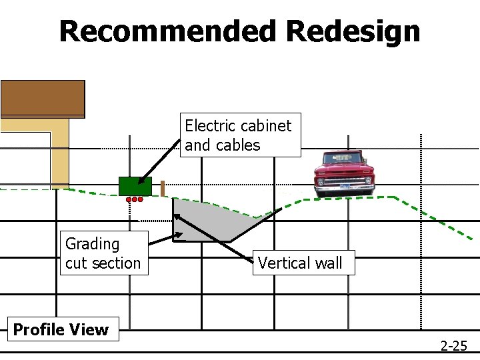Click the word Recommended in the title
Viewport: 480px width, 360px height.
pos(167,31)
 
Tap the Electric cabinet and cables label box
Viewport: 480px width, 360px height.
pos(241,135)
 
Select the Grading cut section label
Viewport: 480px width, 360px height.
pos(103,253)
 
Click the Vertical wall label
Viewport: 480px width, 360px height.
pos(300,263)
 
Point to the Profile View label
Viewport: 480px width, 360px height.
pos(61,329)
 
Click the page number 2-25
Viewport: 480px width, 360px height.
pos(453,345)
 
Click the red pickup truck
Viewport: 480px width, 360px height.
pos(344,173)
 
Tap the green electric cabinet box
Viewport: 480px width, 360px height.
pos(135,185)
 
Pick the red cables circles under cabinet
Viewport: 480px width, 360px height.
pos(134,199)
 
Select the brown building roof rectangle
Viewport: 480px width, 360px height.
pos(43,99)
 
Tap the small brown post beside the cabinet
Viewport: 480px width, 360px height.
pos(162,188)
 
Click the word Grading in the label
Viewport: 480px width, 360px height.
pos(92,244)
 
